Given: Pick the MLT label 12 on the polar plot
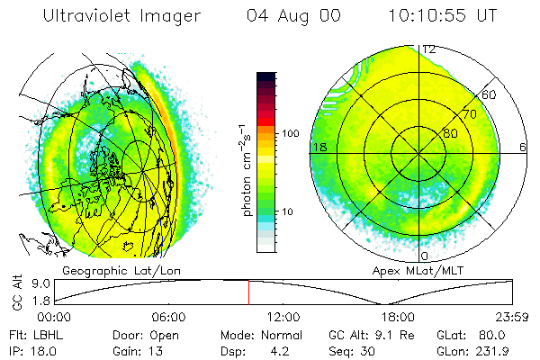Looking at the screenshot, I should pos(430,49).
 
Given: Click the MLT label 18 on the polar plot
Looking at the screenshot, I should pos(318,147).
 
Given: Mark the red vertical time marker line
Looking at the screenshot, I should pos(248,292).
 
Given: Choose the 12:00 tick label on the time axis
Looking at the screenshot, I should pos(284,318).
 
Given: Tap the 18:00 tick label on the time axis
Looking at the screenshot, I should pos(399,318).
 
